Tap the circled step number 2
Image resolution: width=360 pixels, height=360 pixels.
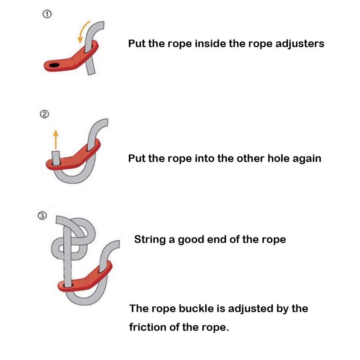[x=44, y=114]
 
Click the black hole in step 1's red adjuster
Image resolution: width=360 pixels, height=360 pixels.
[x=54, y=66]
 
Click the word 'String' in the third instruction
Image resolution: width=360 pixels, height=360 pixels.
[x=149, y=239]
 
